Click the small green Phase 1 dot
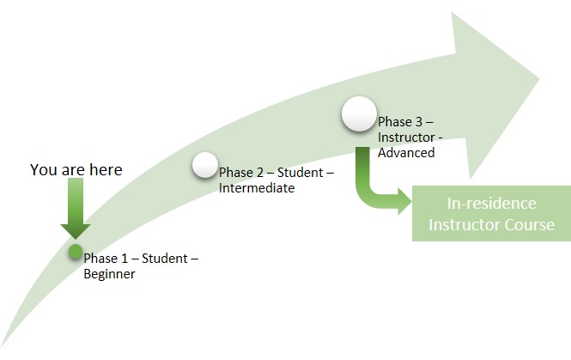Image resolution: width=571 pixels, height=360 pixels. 75,252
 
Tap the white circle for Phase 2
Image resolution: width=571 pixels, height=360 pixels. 205,165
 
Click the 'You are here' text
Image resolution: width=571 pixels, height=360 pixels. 76,169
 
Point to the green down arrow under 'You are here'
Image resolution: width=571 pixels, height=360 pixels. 76,211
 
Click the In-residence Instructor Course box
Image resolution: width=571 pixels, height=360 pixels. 491,213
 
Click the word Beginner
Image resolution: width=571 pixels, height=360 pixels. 109,274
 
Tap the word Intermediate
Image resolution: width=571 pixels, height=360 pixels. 257,187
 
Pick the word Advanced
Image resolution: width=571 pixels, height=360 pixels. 406,152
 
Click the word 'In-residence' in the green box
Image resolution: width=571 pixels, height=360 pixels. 492,204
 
